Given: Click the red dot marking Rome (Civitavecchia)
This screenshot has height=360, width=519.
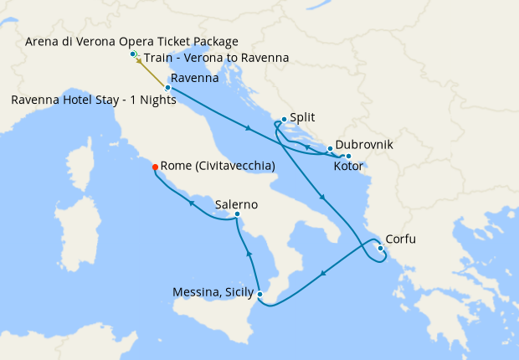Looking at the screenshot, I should click(155, 167).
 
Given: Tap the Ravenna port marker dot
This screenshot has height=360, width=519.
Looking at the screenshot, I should click(168, 87).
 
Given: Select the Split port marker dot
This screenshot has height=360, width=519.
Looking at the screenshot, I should click(285, 119).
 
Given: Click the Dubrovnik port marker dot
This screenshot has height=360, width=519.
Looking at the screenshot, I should click(330, 149).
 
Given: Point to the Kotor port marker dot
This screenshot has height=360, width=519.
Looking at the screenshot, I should click(348, 157).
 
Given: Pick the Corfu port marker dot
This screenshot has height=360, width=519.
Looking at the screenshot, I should click(380, 247).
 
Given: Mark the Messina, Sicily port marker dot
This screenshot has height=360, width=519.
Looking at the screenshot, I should click(260, 294).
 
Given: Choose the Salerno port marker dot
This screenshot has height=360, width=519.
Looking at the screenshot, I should click(238, 214).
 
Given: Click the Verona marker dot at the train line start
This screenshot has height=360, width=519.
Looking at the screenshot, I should click(132, 54).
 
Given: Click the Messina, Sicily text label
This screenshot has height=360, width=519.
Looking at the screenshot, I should click(213, 292).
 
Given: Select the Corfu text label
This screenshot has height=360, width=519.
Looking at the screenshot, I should click(401, 239).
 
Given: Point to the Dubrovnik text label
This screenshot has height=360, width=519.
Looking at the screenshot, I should click(364, 145).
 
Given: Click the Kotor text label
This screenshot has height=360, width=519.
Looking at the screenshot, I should click(349, 167).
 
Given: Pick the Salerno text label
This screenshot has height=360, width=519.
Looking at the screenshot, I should click(236, 204).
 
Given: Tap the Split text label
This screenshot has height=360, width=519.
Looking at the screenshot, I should click(304, 120).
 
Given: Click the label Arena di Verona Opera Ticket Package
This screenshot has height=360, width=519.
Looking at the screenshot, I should click(132, 41).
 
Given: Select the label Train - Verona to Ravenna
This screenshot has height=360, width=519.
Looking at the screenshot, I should click(217, 58).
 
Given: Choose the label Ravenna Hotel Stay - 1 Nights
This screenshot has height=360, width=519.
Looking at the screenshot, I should click(94, 100).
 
